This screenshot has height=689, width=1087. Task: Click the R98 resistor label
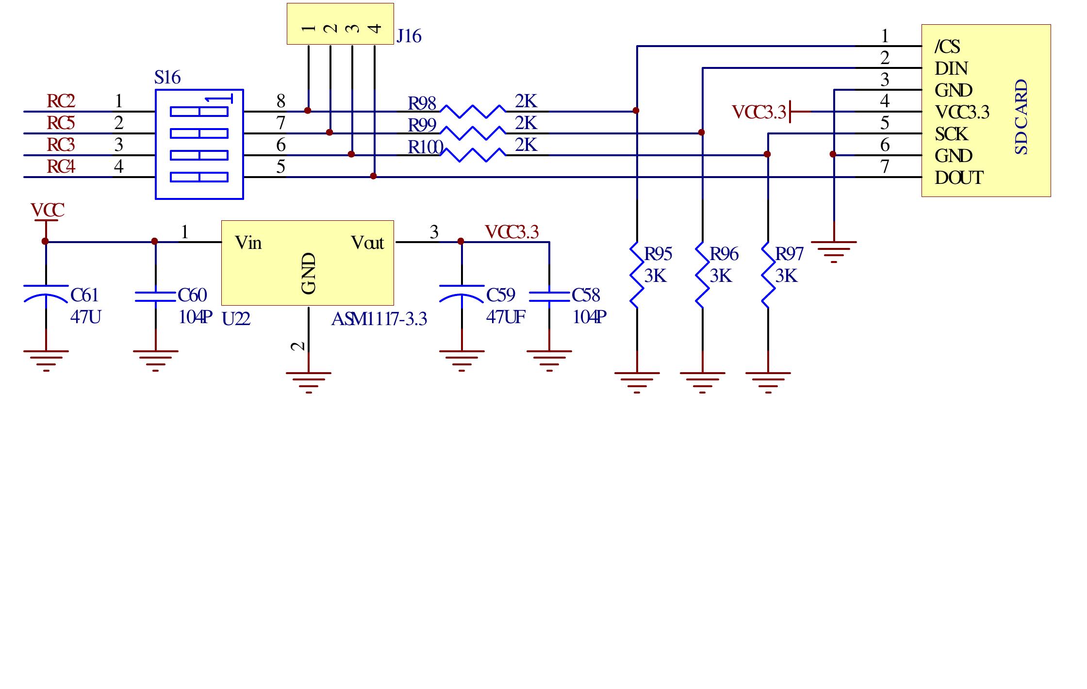(421, 104)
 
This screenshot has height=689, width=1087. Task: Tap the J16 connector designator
(409, 36)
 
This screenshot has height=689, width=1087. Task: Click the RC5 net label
(61, 123)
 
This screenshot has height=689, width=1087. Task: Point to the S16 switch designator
(167, 78)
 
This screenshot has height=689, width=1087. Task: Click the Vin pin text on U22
(248, 243)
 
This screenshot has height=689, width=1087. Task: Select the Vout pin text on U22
(367, 243)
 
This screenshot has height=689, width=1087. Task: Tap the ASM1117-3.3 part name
(379, 319)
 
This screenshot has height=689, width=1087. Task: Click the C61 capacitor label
(84, 295)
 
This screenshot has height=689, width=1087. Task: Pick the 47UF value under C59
(505, 317)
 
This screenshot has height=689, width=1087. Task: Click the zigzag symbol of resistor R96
(702, 275)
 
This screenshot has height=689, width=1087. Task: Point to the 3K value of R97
(786, 276)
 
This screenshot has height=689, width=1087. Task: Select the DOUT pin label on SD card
(958, 178)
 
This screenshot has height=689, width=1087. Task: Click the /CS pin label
(947, 47)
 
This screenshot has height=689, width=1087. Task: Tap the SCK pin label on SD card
(951, 134)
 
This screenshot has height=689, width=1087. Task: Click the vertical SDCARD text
(1021, 117)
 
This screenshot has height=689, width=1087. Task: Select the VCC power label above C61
(47, 211)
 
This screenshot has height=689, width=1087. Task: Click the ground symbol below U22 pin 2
(309, 381)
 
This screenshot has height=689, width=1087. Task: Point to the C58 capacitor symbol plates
(549, 296)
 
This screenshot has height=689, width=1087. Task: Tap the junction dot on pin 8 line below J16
(308, 111)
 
